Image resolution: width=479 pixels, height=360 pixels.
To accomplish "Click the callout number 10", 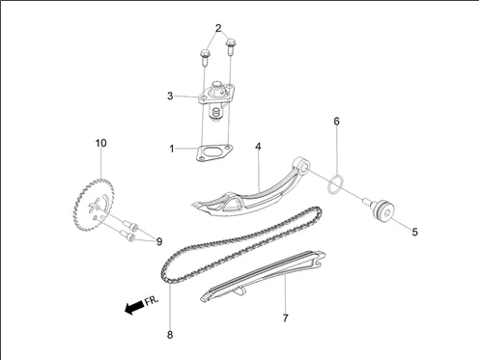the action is click(100, 143).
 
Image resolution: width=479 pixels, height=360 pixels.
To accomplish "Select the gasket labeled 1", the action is click(214, 153).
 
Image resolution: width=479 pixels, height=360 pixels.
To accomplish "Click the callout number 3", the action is click(170, 96).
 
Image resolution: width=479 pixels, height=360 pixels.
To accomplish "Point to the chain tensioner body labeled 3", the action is click(215, 100).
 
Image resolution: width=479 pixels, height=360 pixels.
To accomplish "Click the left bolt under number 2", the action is click(205, 57).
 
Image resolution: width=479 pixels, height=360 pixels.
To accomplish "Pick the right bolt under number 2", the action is click(231, 46).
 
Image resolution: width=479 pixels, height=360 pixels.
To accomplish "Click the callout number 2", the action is click(218, 28).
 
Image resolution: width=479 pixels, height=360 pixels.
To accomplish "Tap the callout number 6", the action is click(336, 122).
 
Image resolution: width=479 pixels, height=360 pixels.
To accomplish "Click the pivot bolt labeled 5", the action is click(380, 210).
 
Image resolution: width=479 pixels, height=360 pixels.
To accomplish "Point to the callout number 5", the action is click(415, 232).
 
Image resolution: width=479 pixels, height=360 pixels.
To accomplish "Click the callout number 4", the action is click(258, 147).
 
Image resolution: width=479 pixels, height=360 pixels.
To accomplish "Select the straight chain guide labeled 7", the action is click(263, 276).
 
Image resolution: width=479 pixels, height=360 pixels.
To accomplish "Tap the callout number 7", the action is click(285, 318).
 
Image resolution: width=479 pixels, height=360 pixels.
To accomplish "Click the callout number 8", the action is click(170, 335).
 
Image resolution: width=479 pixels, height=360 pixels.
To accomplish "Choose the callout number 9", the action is click(159, 241).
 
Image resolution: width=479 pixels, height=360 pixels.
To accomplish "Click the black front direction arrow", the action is click(134, 308).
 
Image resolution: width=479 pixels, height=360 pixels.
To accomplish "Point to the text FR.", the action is click(152, 301).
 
